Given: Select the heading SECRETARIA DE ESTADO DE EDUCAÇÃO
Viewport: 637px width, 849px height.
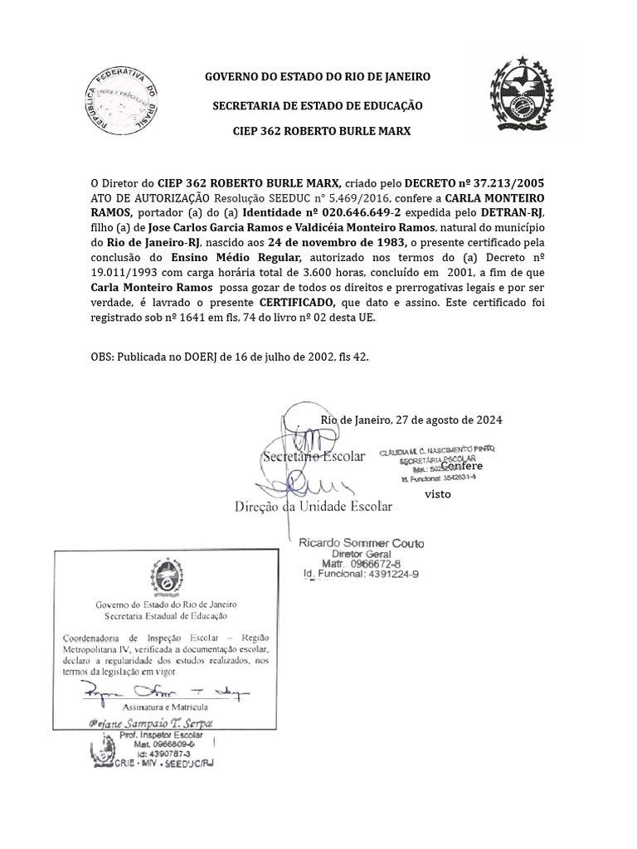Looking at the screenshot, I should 318,105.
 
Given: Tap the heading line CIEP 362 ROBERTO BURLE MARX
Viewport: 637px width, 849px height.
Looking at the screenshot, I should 319,132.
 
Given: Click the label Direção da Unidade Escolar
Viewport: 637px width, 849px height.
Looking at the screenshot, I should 314,506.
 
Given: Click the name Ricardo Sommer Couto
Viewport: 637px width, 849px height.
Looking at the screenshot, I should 361,543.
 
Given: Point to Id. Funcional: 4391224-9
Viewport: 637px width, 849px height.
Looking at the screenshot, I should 361,574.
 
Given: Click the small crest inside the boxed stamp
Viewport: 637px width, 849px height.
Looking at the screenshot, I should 163,575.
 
